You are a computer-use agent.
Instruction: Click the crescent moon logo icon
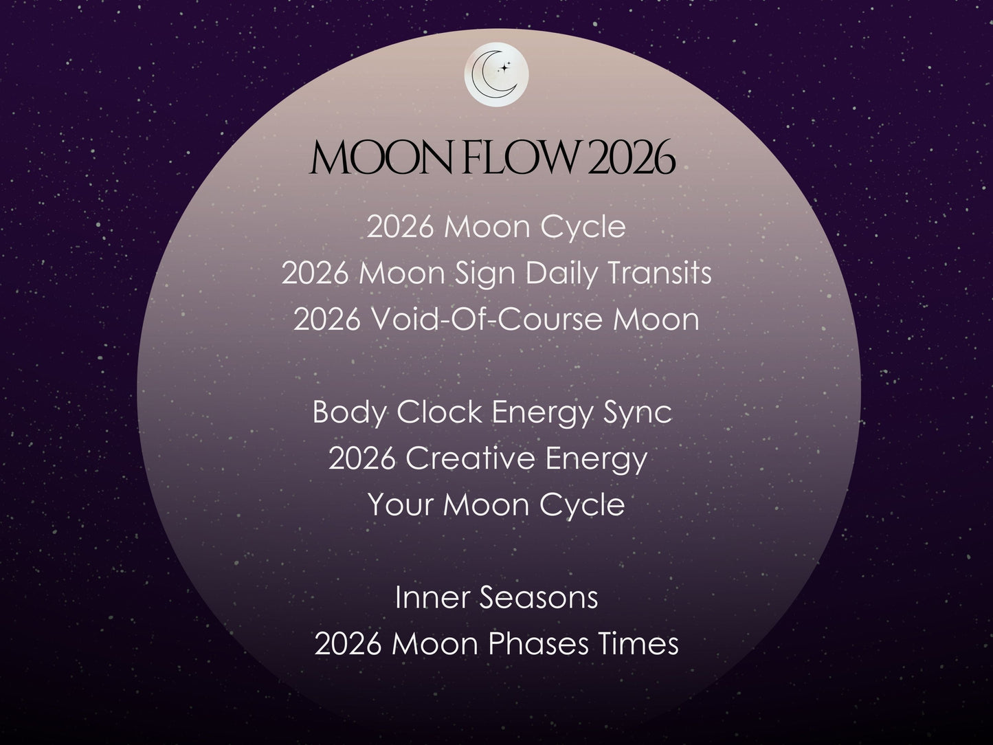tap(496, 74)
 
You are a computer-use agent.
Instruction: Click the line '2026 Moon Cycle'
tap(496, 227)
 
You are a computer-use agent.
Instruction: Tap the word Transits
tap(659, 273)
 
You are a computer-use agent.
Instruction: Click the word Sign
tap(485, 274)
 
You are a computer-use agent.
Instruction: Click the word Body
tap(349, 412)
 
